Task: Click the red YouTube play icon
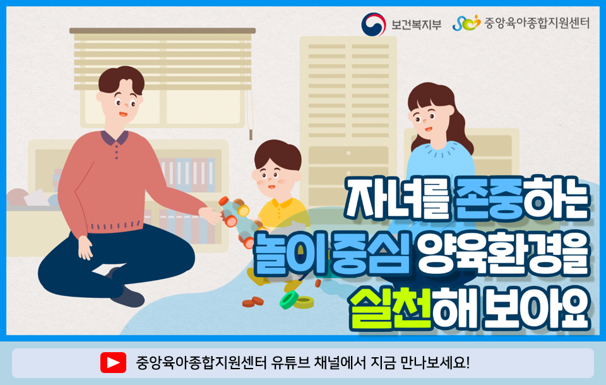[x=113, y=362]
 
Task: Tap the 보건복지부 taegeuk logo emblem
[x=373, y=25]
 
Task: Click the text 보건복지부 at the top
[x=416, y=25]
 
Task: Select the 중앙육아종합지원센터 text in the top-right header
[x=537, y=23]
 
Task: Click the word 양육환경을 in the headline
[x=502, y=253]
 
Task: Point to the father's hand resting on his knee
[x=85, y=247]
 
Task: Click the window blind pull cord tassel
[x=251, y=135]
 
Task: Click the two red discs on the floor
[x=253, y=302]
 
